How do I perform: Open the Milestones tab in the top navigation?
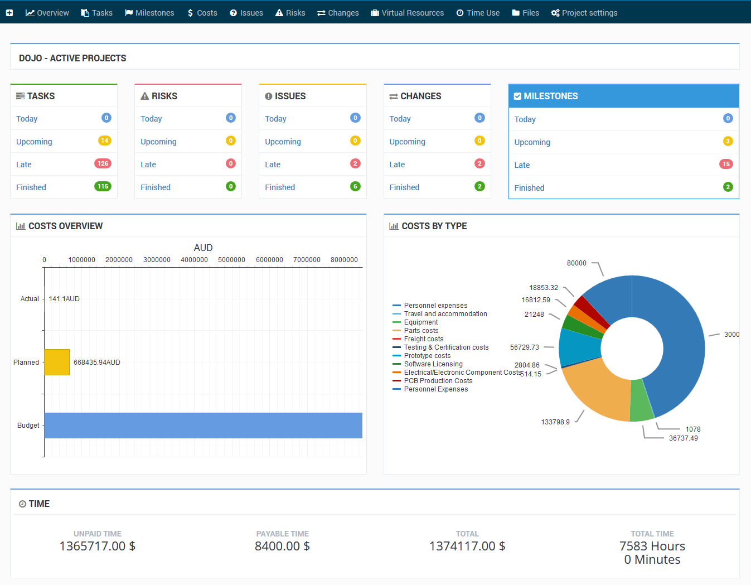pos(149,13)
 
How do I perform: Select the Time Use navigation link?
pos(478,13)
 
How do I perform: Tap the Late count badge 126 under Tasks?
pos(103,163)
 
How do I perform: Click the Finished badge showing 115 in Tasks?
pos(103,186)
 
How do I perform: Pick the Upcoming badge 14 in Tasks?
pos(104,141)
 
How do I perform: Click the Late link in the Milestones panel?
pos(522,165)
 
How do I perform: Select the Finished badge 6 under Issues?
pos(355,186)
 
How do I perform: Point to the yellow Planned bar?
pos(57,362)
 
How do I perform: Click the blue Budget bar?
pos(203,426)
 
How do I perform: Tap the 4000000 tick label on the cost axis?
pos(194,260)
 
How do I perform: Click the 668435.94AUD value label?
pos(97,362)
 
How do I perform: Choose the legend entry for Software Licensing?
pos(433,364)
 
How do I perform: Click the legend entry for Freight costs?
pos(424,339)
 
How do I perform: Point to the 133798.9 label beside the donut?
pos(555,422)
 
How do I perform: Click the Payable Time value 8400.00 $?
pos(282,546)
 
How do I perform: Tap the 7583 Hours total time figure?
pos(652,546)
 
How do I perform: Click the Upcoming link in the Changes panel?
pos(407,142)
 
